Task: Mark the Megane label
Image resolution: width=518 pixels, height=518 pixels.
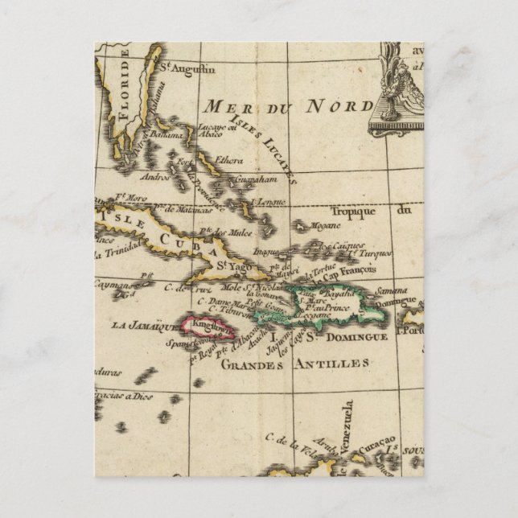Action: click(x=320, y=227)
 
